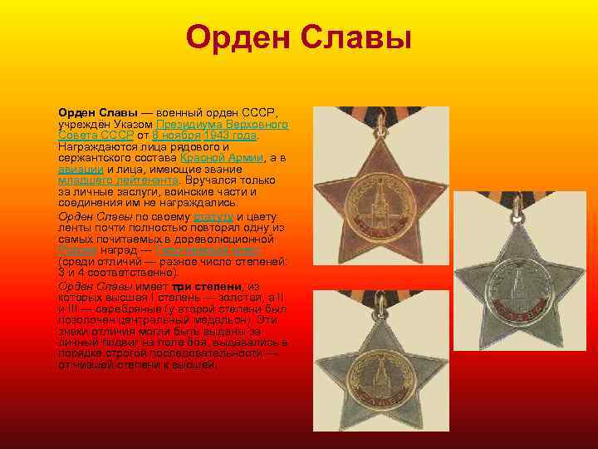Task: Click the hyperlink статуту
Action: coord(213,217)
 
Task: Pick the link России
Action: coord(76,250)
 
